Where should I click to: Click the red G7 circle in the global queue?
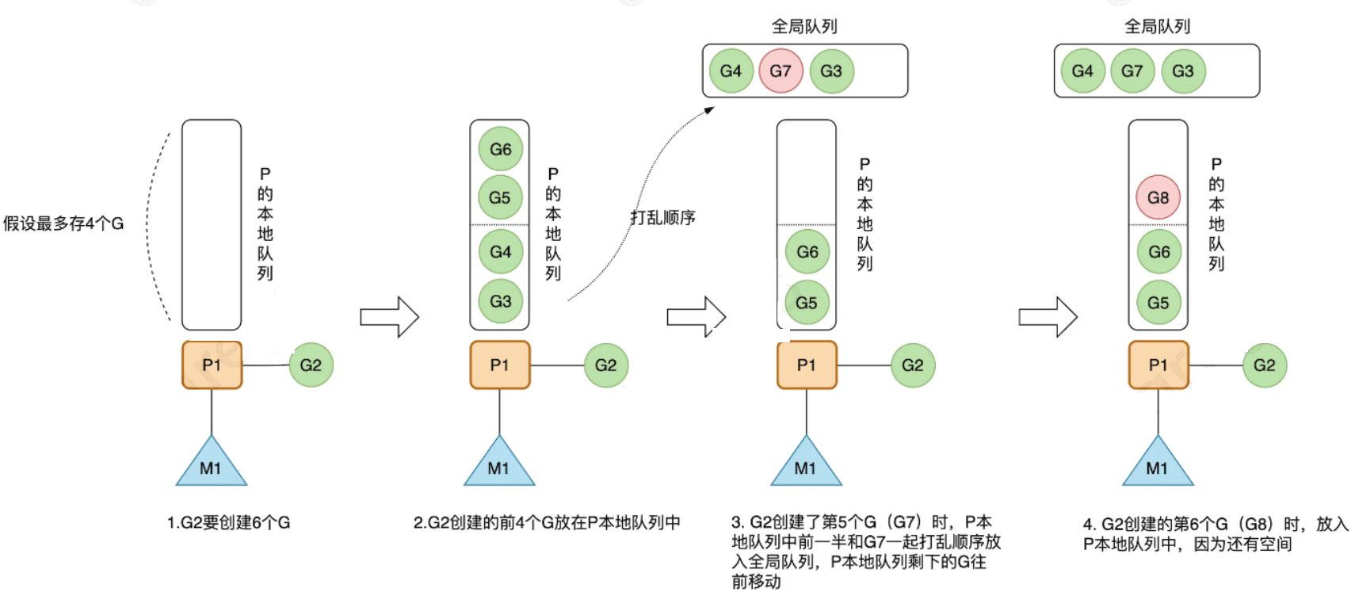point(781,71)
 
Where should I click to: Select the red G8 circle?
point(1158,197)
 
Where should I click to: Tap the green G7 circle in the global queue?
point(1132,71)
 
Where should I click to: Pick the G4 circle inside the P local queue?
point(500,251)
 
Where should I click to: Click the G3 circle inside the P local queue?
point(500,301)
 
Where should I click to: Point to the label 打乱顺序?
point(662,217)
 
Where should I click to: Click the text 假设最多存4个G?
point(63,223)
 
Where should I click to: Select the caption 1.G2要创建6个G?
point(228,522)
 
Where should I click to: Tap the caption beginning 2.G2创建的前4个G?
point(547,522)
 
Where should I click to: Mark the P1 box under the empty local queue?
point(212,365)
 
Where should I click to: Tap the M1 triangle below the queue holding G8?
point(1158,464)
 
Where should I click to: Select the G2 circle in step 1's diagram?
point(311,365)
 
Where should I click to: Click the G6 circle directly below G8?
point(1158,251)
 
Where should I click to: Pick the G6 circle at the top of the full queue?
point(500,149)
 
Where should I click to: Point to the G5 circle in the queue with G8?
point(1158,302)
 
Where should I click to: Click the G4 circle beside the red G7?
point(731,71)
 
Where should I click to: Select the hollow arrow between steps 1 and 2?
point(389,317)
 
